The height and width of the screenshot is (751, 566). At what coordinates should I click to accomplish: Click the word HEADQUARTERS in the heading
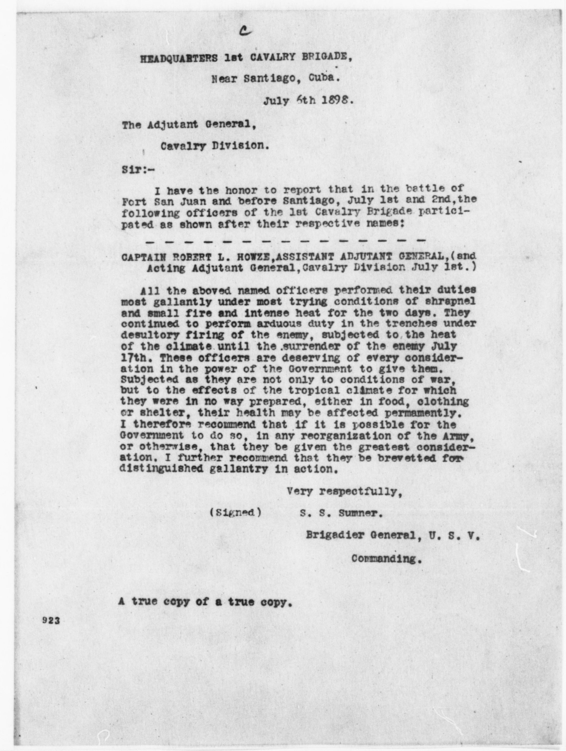[x=179, y=58]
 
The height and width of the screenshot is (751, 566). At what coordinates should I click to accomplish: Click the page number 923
[x=51, y=621]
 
